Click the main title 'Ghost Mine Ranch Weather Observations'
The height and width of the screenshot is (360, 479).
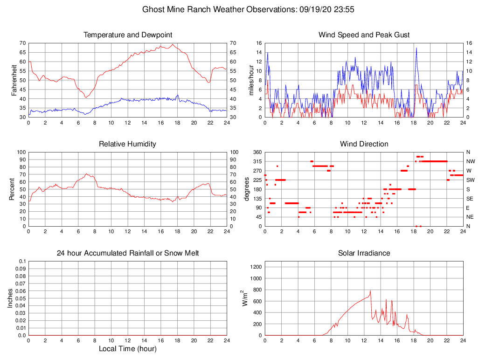pos(218,9)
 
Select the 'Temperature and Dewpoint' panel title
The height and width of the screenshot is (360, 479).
pos(128,35)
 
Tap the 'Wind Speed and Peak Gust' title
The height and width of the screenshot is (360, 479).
pos(364,35)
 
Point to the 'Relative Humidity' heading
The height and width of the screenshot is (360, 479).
pos(128,144)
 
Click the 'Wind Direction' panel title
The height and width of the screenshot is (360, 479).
pos(364,144)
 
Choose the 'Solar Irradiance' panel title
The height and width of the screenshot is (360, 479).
pos(364,253)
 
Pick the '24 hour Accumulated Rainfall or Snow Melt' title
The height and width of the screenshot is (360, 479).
pos(128,253)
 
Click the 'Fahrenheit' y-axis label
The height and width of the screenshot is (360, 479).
pos(14,80)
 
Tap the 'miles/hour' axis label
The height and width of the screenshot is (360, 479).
pos(251,80)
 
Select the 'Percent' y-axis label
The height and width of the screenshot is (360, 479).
pos(12,189)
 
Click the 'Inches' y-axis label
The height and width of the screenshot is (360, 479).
pos(11,298)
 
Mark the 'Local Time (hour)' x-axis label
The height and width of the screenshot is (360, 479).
pos(128,349)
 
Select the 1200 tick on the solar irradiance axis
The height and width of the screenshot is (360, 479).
pos(257,267)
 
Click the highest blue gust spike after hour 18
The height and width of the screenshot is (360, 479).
pos(416,48)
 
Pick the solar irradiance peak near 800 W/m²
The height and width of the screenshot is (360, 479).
pos(370,291)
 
